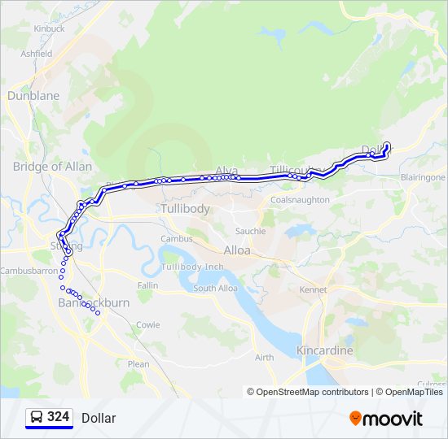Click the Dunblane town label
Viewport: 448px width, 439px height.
coord(33,95)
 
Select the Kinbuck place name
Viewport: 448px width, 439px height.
coord(49,28)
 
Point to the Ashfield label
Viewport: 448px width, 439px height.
coord(37,54)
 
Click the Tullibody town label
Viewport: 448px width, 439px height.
coord(185,209)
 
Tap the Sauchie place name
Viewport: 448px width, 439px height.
coord(250,231)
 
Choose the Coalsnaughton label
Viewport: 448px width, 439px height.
coord(300,199)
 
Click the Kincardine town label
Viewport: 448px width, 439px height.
coord(325,350)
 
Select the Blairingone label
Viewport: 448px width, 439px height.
coord(423,176)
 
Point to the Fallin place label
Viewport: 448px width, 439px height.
coord(148,285)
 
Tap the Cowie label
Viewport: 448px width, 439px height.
coord(148,324)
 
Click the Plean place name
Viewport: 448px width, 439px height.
coord(138,364)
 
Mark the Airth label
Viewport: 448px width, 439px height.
coord(264,357)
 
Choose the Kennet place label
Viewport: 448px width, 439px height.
coord(312,289)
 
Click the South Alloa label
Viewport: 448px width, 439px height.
coord(216,288)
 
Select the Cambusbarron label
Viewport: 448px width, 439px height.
coord(29,270)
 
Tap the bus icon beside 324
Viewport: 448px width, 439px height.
coord(37,417)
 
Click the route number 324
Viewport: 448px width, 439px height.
coord(59,417)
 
